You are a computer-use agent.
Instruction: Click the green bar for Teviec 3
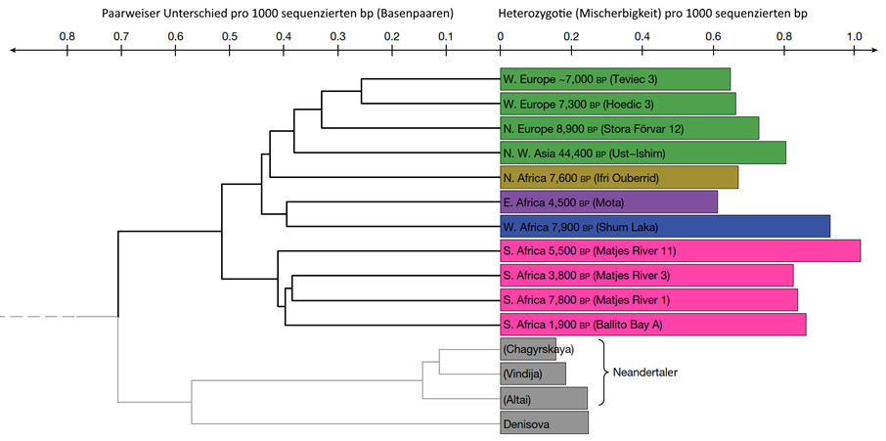pos(614,79)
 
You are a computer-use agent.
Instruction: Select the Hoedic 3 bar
pos(617,104)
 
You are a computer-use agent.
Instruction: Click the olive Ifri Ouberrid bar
pos(619,177)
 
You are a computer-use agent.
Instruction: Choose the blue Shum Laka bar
pos(665,226)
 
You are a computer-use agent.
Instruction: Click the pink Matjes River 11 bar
pos(680,250)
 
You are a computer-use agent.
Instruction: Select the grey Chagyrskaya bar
pos(528,349)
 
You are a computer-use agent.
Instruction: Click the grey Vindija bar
pos(533,374)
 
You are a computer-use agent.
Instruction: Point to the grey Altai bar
pos(544,398)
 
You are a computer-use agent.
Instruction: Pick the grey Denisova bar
pos(544,422)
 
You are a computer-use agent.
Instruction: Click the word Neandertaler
pos(644,373)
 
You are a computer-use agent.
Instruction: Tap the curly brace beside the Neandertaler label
pos(602,373)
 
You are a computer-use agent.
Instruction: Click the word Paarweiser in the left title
pos(135,14)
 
